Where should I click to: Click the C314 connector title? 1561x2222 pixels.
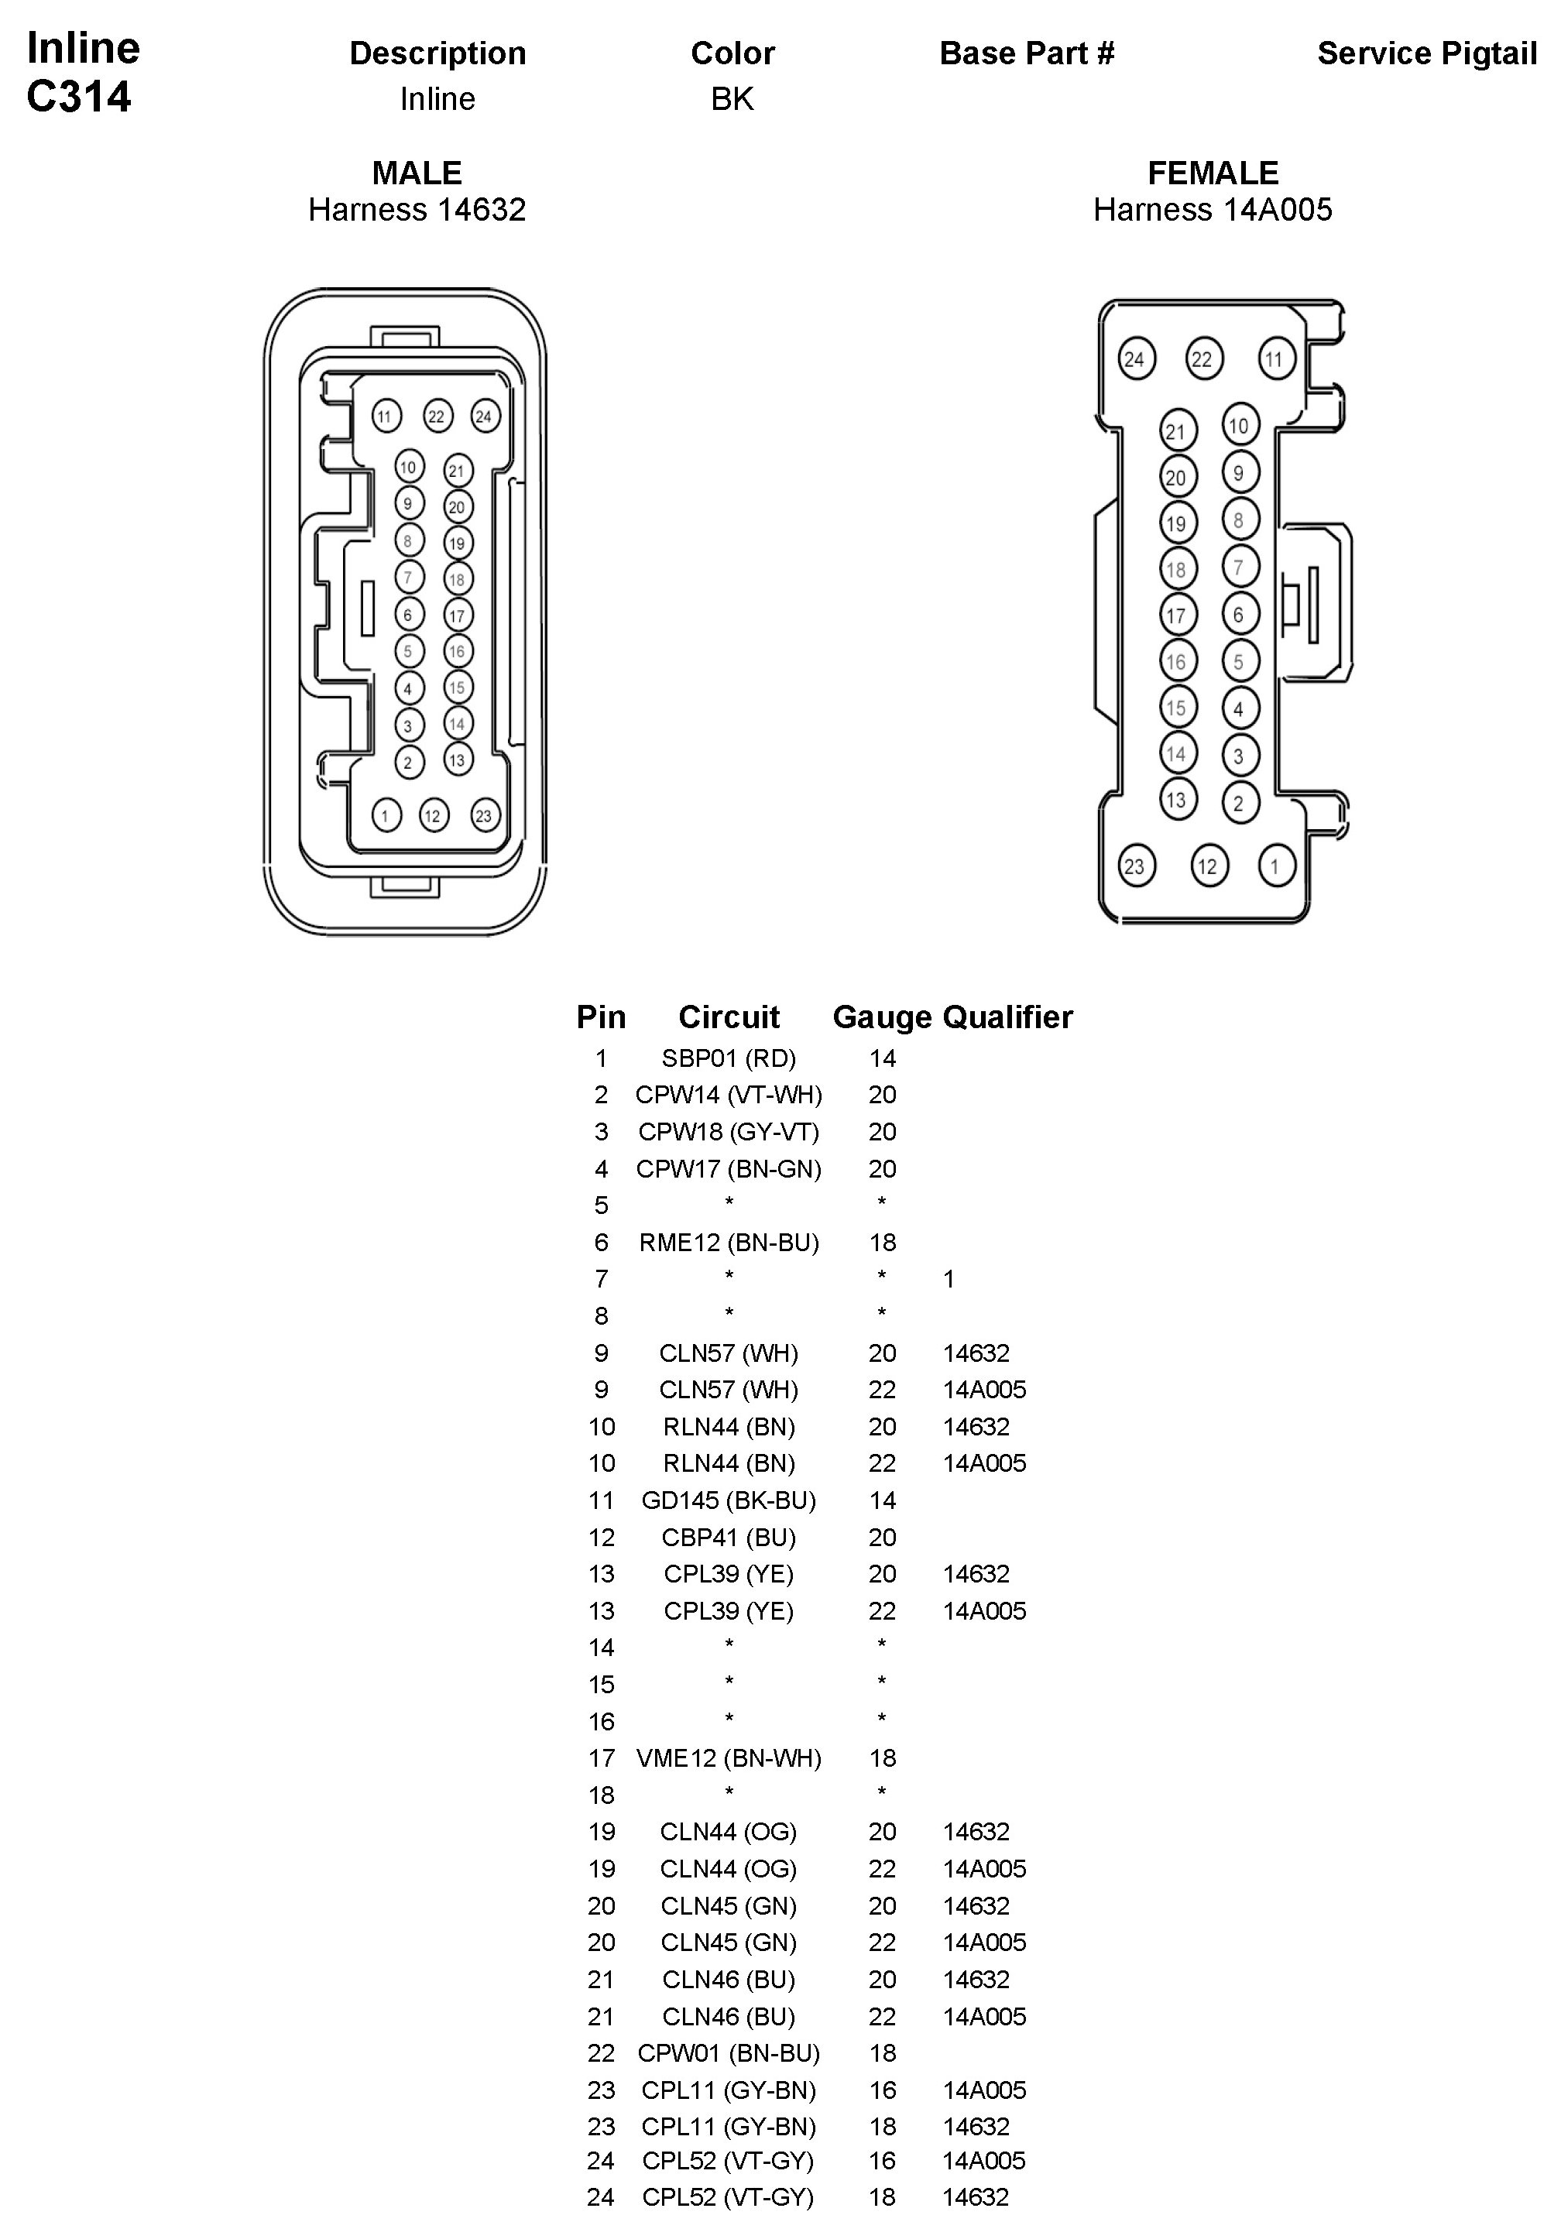pos(79,97)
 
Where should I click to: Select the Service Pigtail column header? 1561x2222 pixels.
pos(1426,53)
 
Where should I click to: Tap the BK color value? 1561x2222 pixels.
pos(732,99)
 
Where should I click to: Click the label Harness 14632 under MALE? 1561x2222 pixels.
pos(417,209)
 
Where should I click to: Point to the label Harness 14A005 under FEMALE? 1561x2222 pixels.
pos(1213,209)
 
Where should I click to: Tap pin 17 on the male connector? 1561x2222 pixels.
pos(458,616)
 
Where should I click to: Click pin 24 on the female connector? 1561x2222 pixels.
pos(1134,360)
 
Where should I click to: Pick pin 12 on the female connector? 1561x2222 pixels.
pos(1208,866)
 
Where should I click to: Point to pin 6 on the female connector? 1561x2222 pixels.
pos(1239,615)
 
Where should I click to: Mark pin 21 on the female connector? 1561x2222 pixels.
pos(1177,432)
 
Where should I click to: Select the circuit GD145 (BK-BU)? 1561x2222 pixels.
pos(729,1500)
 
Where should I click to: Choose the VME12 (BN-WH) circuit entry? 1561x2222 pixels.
pos(729,1757)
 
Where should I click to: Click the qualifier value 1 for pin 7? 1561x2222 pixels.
pos(949,1279)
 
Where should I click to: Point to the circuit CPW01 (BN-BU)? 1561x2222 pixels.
pos(729,2052)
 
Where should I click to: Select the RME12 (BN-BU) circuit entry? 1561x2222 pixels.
pos(729,1242)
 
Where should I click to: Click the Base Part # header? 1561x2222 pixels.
pos(1027,53)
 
